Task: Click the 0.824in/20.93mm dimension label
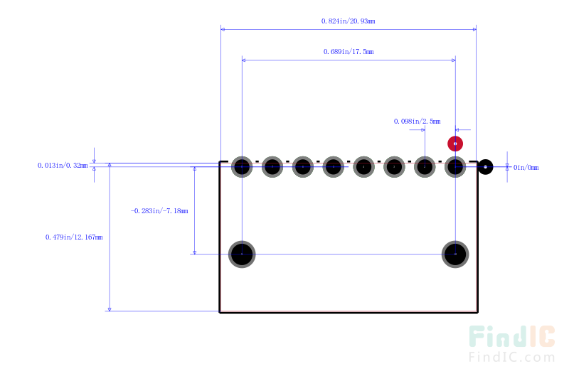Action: tap(348, 21)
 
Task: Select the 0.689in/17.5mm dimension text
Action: tap(349, 51)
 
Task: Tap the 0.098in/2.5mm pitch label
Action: tap(417, 121)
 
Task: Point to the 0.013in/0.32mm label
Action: tap(63, 166)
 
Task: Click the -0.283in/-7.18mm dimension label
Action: tap(159, 210)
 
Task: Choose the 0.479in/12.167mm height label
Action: tap(74, 237)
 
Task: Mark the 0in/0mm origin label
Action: tap(526, 168)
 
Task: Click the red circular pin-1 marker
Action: tap(455, 144)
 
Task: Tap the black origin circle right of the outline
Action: tap(485, 167)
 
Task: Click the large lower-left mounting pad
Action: tap(242, 254)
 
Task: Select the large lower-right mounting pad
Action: tap(455, 254)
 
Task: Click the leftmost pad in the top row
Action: tap(242, 167)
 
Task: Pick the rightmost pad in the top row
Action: tap(455, 167)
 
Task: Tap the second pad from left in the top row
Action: tap(272, 167)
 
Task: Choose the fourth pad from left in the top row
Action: tap(333, 167)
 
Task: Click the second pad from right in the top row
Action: tap(425, 167)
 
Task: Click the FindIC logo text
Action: tap(511, 336)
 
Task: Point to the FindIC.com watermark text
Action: tap(511, 357)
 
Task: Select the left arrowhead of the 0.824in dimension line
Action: tap(223, 29)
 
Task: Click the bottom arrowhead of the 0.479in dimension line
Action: tap(110, 309)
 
